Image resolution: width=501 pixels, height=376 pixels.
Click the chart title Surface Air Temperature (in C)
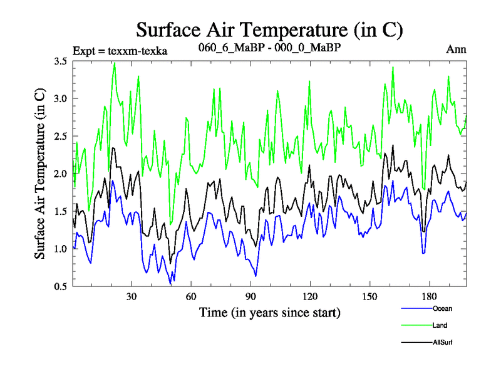[269, 29]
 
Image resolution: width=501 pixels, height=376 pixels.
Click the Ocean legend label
[442, 308]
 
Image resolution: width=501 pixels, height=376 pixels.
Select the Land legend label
[440, 325]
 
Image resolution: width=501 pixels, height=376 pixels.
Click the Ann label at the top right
[456, 50]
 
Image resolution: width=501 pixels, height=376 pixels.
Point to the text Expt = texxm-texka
[120, 50]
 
